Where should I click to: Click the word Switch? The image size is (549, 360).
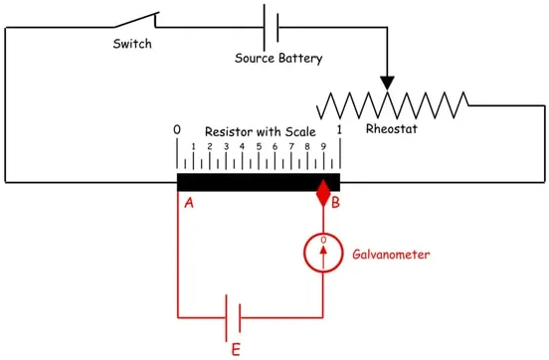pyautogui.click(x=132, y=44)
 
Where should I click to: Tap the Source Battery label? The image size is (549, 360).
pyautogui.click(x=278, y=58)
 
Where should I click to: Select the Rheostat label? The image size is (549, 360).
pyautogui.click(x=392, y=128)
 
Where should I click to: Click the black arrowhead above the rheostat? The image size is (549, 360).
pyautogui.click(x=387, y=83)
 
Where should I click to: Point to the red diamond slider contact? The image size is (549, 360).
pyautogui.click(x=323, y=193)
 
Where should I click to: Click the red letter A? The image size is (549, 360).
pyautogui.click(x=189, y=203)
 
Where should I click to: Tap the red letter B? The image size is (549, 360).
pyautogui.click(x=335, y=203)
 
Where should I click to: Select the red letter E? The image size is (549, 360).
pyautogui.click(x=236, y=349)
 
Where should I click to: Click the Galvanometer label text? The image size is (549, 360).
pyautogui.click(x=391, y=255)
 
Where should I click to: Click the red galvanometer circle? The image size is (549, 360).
pyautogui.click(x=304, y=253)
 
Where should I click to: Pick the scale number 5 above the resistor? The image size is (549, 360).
pyautogui.click(x=259, y=146)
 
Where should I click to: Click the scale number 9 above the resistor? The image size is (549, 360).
pyautogui.click(x=323, y=146)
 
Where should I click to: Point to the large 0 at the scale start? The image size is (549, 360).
pyautogui.click(x=177, y=130)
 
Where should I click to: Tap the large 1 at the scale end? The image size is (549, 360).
pyautogui.click(x=339, y=130)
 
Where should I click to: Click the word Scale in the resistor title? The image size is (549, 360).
pyautogui.click(x=300, y=131)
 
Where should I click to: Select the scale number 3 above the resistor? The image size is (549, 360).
pyautogui.click(x=226, y=146)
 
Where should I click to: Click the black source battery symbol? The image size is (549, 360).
pyautogui.click(x=271, y=27)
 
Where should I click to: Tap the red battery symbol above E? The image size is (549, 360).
pyautogui.click(x=233, y=318)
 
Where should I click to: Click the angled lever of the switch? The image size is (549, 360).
pyautogui.click(x=136, y=20)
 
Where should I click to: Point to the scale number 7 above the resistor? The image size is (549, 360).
pyautogui.click(x=291, y=146)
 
